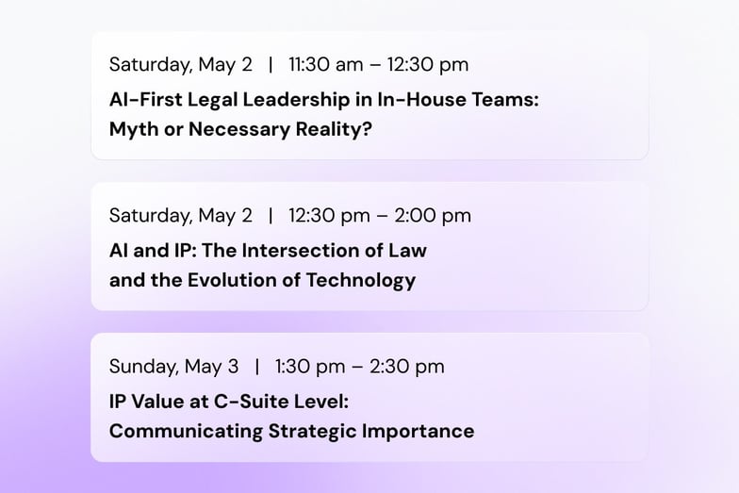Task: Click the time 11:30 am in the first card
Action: coord(326,64)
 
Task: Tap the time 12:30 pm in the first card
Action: coord(428,65)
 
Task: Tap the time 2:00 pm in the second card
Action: coord(433,216)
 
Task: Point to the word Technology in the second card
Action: coord(361,281)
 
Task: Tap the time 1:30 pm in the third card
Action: coord(310,367)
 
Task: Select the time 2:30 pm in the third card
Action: coord(407,367)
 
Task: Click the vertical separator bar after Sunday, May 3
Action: coord(257,367)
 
